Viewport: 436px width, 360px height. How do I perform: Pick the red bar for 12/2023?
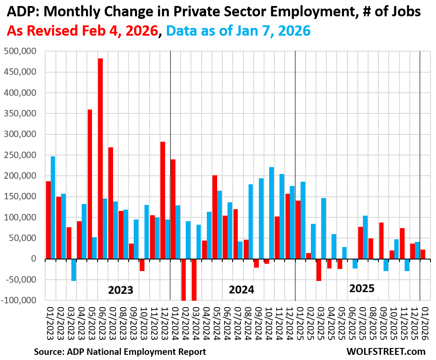point(163,200)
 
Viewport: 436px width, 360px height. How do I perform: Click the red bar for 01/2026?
point(423,254)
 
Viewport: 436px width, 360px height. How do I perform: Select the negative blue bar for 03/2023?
point(74,270)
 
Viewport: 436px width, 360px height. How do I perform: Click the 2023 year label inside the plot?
point(120,290)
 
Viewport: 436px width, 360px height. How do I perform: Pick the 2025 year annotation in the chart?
point(362,288)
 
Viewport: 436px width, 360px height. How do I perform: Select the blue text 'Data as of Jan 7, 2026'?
point(238,31)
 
